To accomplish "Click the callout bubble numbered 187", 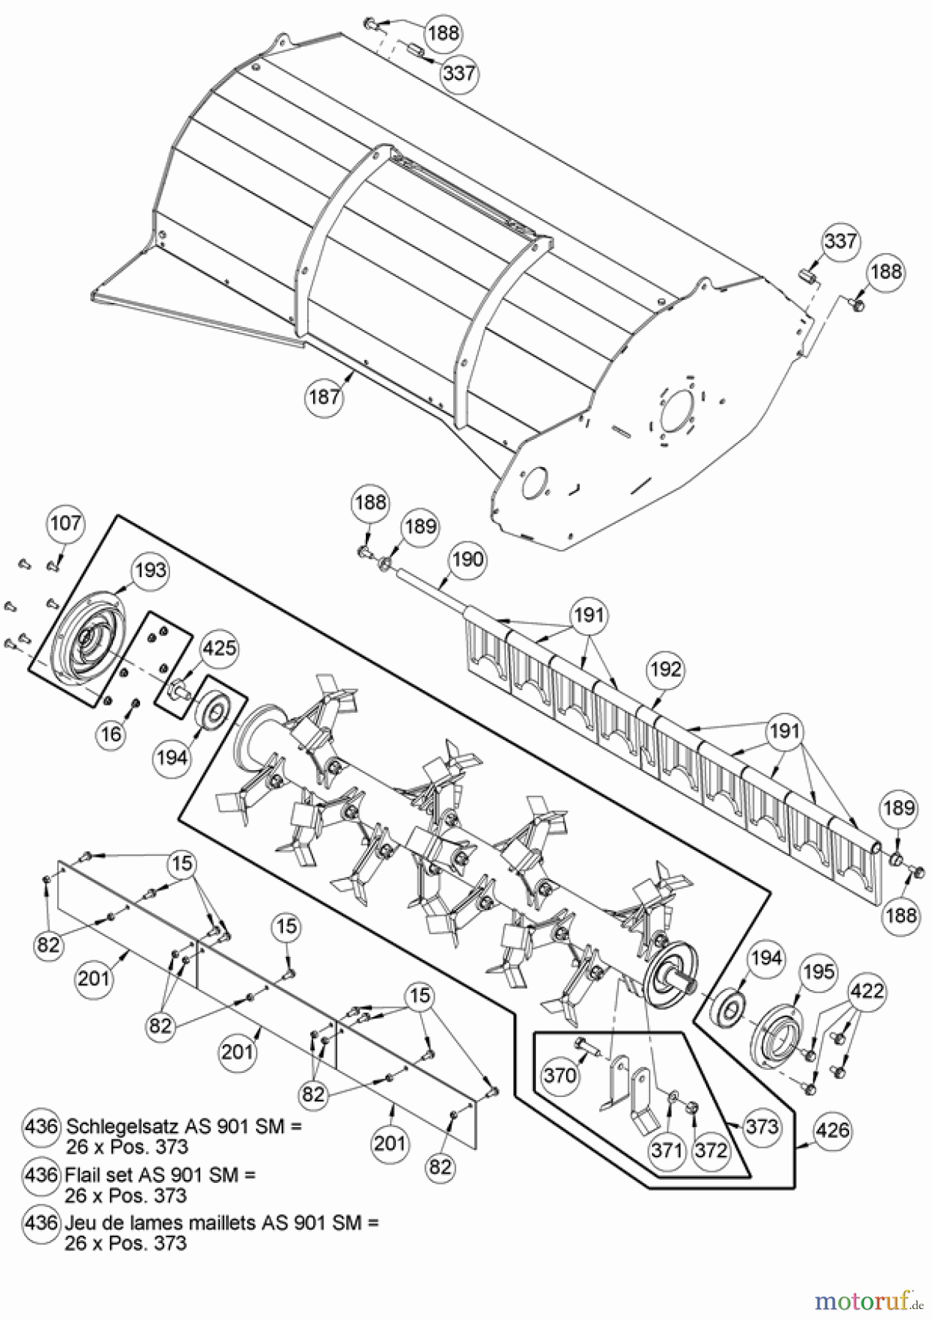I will (x=324, y=397).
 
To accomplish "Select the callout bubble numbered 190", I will (x=467, y=560).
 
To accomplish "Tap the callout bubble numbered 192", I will (x=665, y=670).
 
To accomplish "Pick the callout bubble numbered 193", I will (x=150, y=571).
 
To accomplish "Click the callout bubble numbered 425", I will (x=219, y=648).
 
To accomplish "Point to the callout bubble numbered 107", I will (x=66, y=524).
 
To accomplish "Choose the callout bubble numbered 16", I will (x=111, y=733).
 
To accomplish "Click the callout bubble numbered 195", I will (x=818, y=972).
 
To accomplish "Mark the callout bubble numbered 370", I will (x=560, y=1076).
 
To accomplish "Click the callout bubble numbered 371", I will (x=667, y=1150).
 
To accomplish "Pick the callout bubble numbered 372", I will (x=711, y=1150).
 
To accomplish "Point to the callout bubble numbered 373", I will (x=761, y=1126).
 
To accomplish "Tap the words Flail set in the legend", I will (x=98, y=1175).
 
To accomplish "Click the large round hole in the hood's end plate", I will (x=680, y=414).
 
